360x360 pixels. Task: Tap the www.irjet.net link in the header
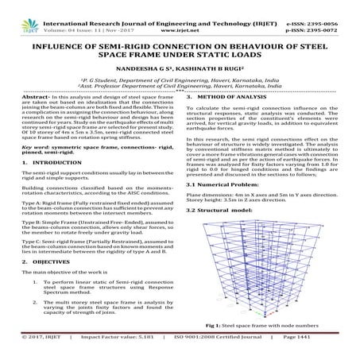pyautogui.click(x=180, y=15)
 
